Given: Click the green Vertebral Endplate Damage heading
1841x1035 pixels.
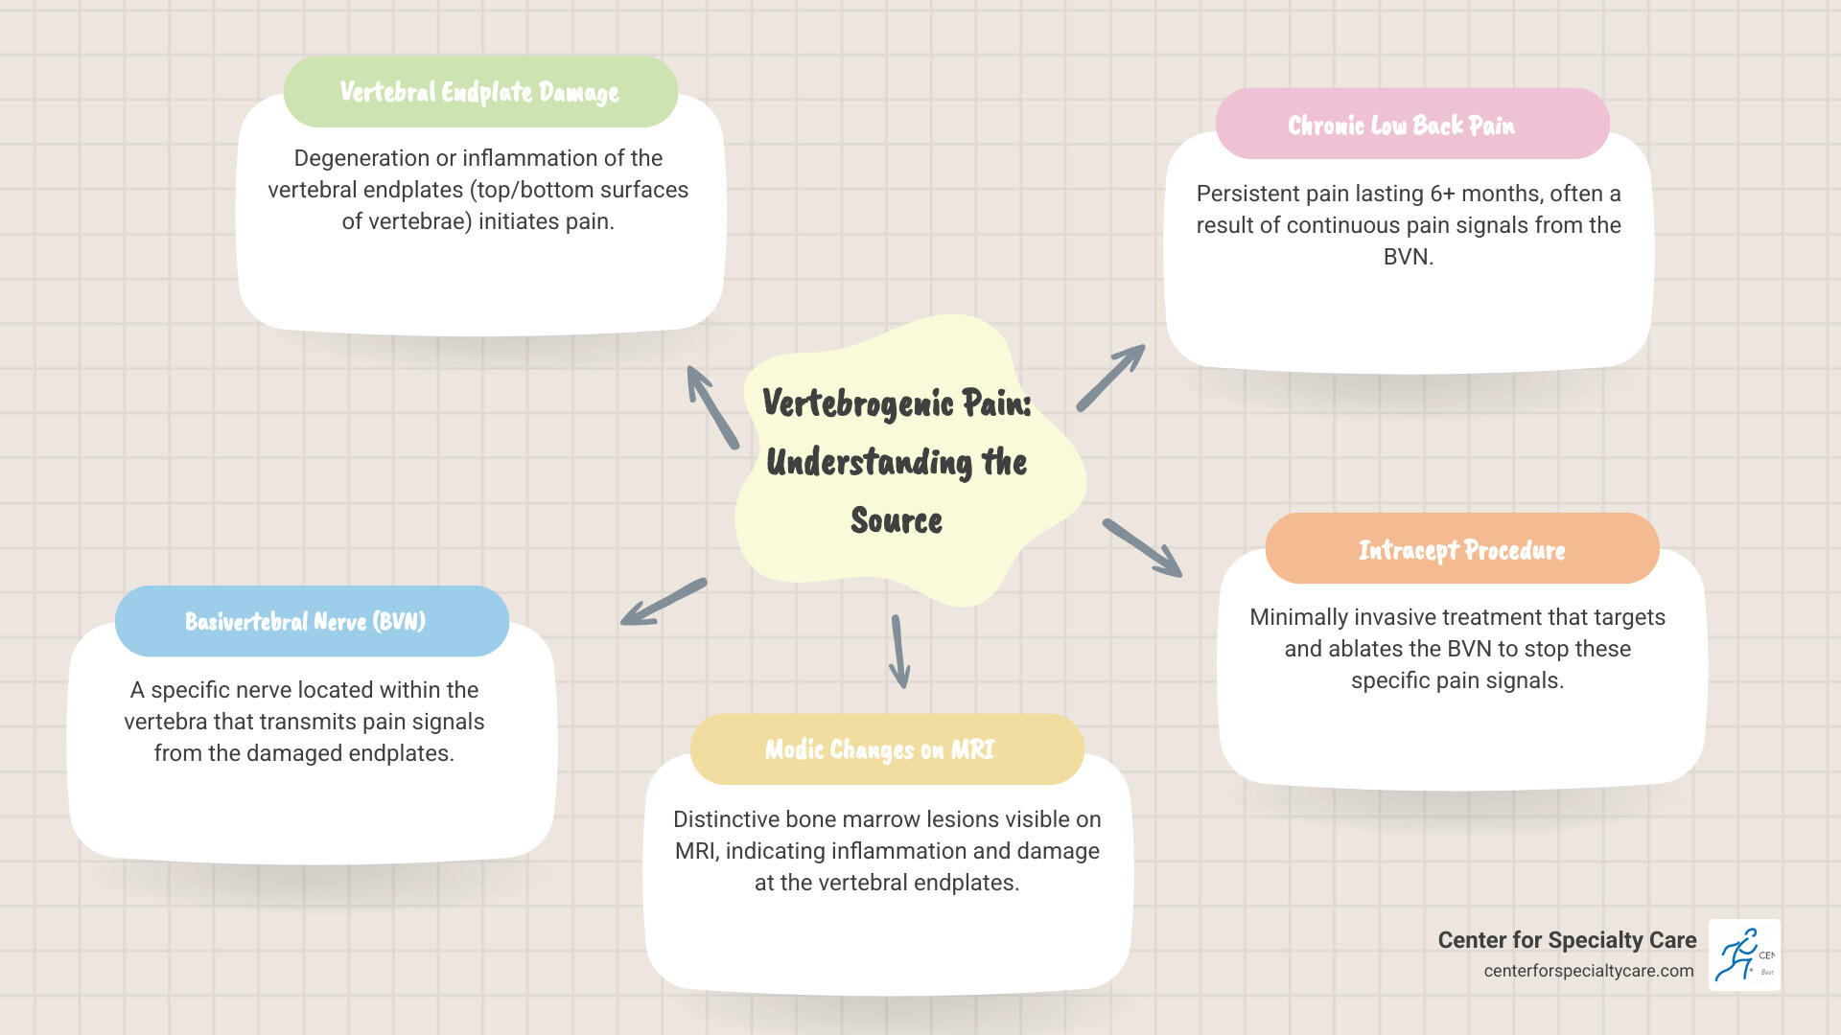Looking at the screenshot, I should coord(479,92).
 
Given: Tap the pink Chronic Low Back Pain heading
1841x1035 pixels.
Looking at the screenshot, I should coord(1401,126).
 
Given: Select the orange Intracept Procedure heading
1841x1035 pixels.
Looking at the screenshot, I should coord(1461,550).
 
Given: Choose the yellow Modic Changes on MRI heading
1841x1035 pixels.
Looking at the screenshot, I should coord(879,749).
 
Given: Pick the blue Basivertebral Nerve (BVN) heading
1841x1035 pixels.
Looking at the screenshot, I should coord(305,622).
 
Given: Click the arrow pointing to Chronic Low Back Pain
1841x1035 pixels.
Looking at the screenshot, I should coord(1111,378).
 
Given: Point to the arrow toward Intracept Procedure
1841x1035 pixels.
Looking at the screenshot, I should coord(1142,548).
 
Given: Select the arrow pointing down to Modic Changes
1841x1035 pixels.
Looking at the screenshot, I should coord(899,651).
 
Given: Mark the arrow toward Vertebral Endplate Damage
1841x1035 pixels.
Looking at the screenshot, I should coord(712,407).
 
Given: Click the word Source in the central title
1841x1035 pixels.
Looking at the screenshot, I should coord(897,521).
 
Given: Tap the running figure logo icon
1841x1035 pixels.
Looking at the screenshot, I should coord(1744,954).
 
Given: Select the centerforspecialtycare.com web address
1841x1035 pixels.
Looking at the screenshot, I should coord(1588,971).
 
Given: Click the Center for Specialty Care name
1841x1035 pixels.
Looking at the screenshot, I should coord(1567,940).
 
